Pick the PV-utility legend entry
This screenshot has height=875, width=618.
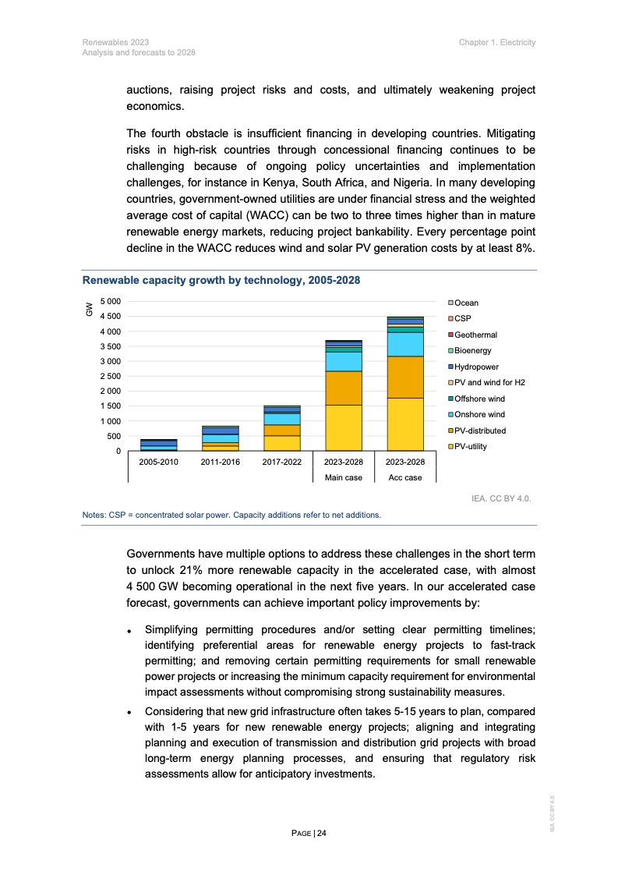coord(470,447)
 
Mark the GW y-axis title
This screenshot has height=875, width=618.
coord(90,310)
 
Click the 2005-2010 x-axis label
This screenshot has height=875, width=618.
coord(158,462)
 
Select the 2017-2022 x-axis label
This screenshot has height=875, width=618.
coord(281,462)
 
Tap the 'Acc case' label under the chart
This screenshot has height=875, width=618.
coord(405,477)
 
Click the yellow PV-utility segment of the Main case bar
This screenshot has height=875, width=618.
coord(343,427)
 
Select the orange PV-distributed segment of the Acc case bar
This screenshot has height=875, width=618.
coord(405,377)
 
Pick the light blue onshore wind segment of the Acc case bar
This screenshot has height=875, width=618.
coord(405,344)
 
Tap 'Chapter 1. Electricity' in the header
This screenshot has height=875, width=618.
coord(497,41)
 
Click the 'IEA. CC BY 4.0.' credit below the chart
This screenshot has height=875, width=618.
coord(502,497)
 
